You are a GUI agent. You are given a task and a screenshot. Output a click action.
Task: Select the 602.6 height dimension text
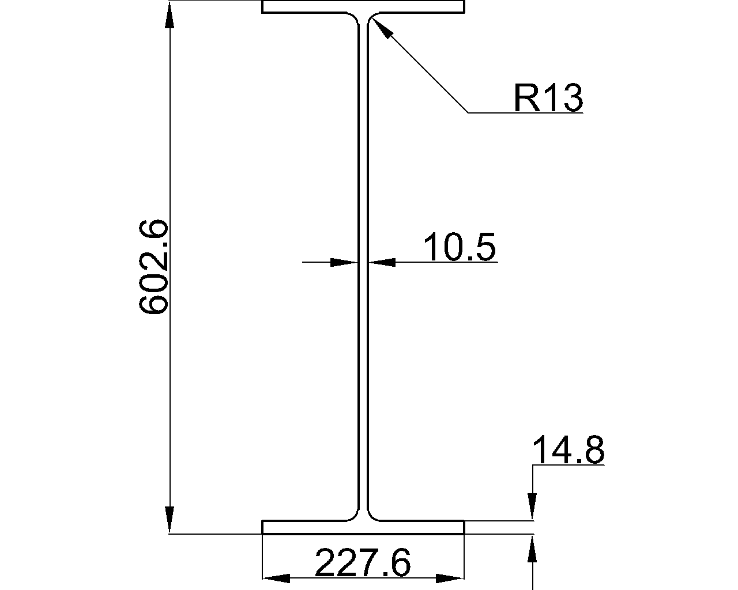pos(153,266)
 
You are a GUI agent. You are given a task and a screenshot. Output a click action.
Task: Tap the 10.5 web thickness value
pos(460,247)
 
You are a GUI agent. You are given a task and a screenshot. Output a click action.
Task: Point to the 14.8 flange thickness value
pos(568,450)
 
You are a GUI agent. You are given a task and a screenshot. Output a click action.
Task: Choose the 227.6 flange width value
pos(363,562)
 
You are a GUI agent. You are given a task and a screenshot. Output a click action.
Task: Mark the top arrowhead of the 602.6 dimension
pos(170,15)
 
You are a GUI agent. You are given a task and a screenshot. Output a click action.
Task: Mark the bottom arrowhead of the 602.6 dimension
pos(170,520)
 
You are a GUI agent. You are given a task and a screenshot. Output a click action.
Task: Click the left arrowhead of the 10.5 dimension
pos(344,262)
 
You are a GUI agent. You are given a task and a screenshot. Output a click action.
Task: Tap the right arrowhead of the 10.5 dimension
pos(382,262)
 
